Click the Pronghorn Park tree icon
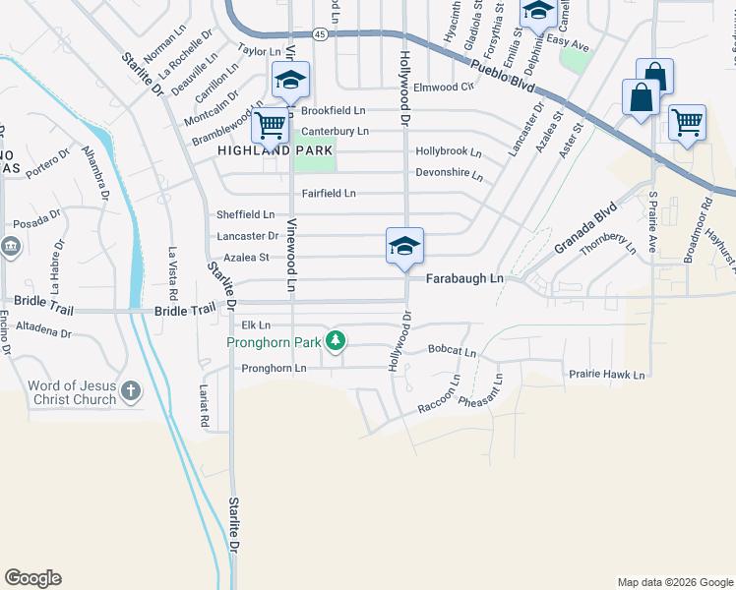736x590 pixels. [x=337, y=341]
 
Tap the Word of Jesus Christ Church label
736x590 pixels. [x=72, y=392]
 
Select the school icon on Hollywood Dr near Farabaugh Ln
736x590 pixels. [x=404, y=246]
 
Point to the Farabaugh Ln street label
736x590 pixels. [x=464, y=279]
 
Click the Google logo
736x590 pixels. [x=32, y=578]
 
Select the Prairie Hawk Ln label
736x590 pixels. [x=606, y=375]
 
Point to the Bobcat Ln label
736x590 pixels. [x=452, y=351]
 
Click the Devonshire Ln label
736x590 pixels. [x=449, y=175]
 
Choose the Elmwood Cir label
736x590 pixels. [x=444, y=87]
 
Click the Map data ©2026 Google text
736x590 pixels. [x=674, y=582]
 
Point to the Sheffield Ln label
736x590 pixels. [x=245, y=214]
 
